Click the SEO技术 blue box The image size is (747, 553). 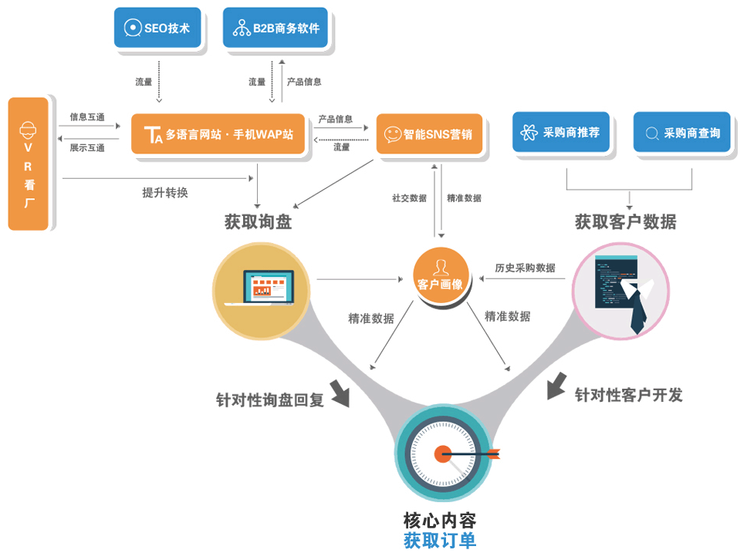pos(157,28)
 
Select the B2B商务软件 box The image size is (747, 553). pos(275,29)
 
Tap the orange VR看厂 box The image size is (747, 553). pos(29,164)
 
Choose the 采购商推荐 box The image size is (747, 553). pos(561,132)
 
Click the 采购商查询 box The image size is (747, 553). pos(681,133)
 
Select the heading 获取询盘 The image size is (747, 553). pos(258,222)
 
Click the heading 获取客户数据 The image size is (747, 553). pos(625,222)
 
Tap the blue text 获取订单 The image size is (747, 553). pos(440,540)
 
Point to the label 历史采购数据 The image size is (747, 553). pos(525,268)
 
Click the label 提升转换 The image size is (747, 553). pos(165,193)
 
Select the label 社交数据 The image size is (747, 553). pos(409,198)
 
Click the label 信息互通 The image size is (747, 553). pos(87,117)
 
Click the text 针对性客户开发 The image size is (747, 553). pos(629,395)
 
